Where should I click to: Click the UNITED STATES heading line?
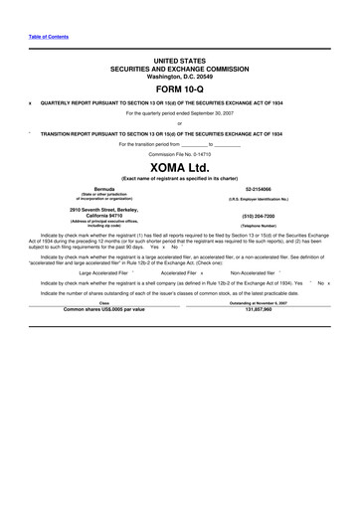coord(180,59)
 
